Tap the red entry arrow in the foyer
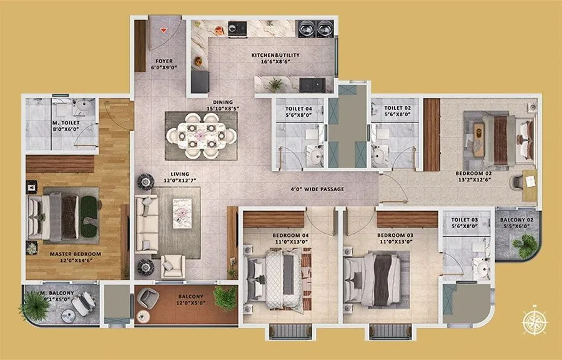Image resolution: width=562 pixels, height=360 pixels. coord(164,29)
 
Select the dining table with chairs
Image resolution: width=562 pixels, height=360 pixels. coord(201,135)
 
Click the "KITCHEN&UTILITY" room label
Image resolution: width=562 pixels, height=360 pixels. coord(275,56)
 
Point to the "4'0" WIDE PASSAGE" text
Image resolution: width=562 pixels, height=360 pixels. coord(317,189)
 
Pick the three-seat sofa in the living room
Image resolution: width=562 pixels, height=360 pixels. coord(147,224)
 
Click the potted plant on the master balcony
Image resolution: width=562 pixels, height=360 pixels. coord(35,306)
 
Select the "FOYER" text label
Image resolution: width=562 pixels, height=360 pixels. coord(164,61)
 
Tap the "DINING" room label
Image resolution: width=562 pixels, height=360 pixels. coord(222,102)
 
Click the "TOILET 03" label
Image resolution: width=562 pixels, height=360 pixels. coord(465,220)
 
